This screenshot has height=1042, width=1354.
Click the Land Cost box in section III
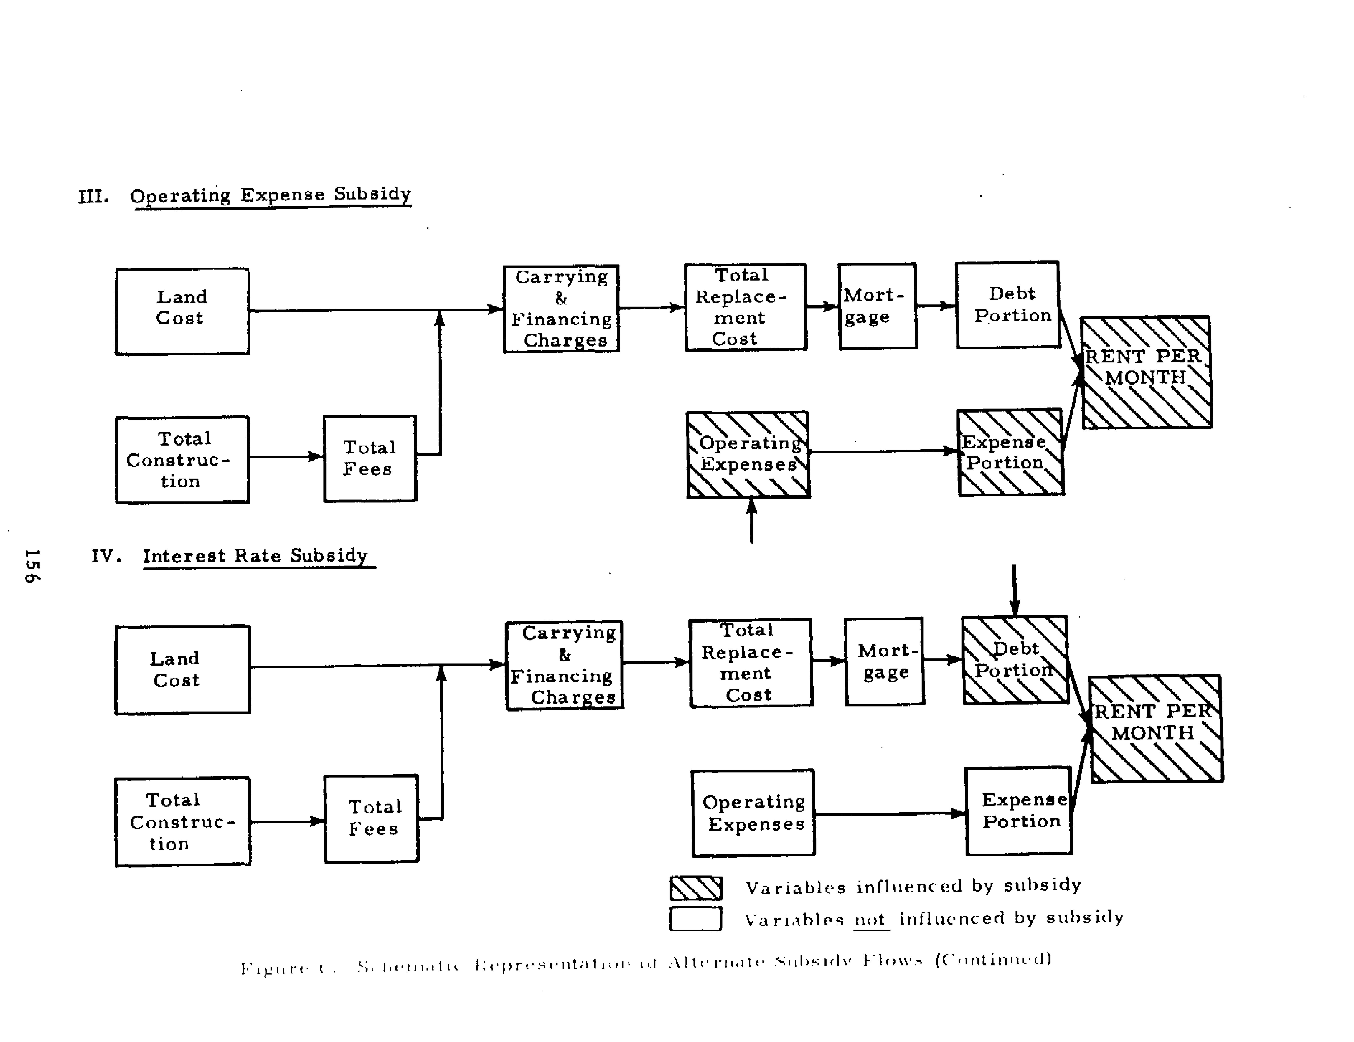click(182, 311)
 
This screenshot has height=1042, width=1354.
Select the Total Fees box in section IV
click(371, 818)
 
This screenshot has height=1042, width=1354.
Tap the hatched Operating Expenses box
click(748, 454)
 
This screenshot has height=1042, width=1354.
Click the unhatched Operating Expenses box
click(753, 813)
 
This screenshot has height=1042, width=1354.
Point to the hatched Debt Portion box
click(1015, 659)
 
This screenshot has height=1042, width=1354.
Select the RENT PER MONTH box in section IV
click(1156, 728)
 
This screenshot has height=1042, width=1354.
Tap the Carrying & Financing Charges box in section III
click(561, 309)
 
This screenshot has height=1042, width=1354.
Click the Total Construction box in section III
click(182, 459)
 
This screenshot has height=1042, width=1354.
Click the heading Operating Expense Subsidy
click(270, 195)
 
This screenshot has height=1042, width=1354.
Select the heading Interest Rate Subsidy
click(255, 555)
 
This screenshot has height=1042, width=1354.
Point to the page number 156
click(32, 565)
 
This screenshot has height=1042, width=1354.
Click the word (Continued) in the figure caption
click(993, 959)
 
